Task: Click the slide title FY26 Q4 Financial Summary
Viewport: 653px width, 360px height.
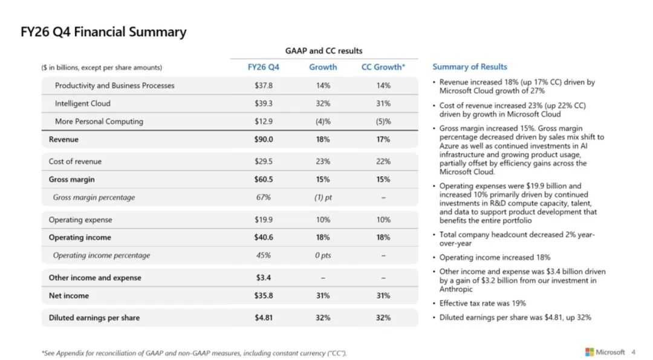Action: [x=103, y=32]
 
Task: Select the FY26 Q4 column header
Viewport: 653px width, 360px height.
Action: [x=263, y=67]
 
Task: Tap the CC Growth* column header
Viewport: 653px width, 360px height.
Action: [x=383, y=67]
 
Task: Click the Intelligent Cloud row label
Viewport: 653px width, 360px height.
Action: [x=82, y=103]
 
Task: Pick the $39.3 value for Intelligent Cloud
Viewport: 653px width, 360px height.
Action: [x=263, y=103]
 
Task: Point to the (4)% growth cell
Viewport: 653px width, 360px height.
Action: [x=323, y=121]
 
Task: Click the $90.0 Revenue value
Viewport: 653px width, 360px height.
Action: [x=263, y=139]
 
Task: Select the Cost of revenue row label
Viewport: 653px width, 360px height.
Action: [x=75, y=162]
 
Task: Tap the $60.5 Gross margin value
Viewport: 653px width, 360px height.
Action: [x=263, y=179]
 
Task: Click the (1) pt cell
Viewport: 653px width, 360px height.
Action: [x=323, y=197]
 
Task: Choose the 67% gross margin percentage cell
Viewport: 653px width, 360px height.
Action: [x=263, y=197]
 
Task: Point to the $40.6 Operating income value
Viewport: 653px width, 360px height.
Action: [x=263, y=237]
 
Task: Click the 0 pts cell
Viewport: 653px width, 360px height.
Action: [x=323, y=255]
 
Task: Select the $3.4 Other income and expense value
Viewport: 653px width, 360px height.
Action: [x=263, y=278]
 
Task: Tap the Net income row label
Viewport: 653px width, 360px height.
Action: [x=69, y=295]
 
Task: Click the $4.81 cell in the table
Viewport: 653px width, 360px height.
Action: [x=263, y=318]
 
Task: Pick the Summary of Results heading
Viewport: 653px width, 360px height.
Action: [x=470, y=67]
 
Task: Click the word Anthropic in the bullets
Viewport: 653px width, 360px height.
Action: [x=456, y=289]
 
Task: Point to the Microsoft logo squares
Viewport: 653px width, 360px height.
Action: [x=590, y=352]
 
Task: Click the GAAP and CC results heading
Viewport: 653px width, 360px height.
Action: [x=323, y=51]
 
